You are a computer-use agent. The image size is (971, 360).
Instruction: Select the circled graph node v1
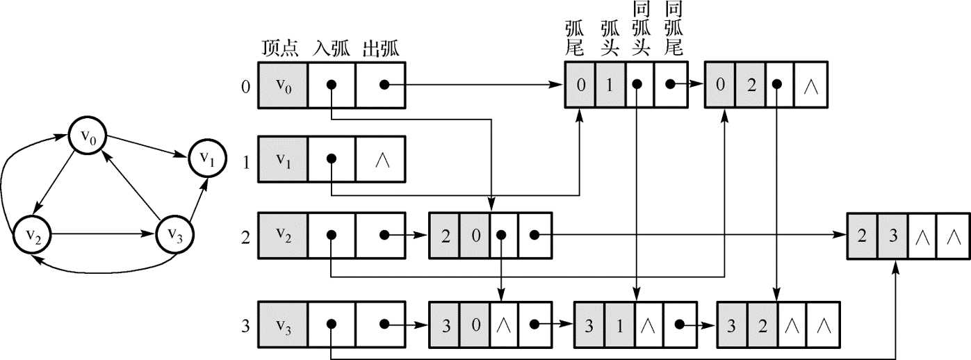click(x=207, y=158)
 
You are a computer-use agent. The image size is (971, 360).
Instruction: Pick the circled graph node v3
click(x=174, y=234)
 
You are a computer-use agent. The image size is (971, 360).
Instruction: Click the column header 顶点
click(x=280, y=49)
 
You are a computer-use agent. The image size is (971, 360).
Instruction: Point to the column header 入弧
click(x=330, y=49)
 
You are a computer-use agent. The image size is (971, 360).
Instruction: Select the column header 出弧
click(x=380, y=49)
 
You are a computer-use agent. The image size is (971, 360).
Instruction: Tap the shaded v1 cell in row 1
click(x=282, y=159)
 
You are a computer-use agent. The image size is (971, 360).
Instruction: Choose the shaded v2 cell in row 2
click(x=282, y=234)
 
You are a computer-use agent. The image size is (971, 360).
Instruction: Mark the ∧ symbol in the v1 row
click(x=380, y=159)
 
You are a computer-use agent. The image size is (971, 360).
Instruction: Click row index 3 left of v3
click(x=245, y=323)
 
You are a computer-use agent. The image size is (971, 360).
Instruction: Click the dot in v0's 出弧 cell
click(x=383, y=85)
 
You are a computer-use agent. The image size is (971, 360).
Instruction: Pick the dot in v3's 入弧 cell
click(x=332, y=324)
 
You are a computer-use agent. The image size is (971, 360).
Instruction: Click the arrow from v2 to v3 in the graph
click(x=104, y=234)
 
